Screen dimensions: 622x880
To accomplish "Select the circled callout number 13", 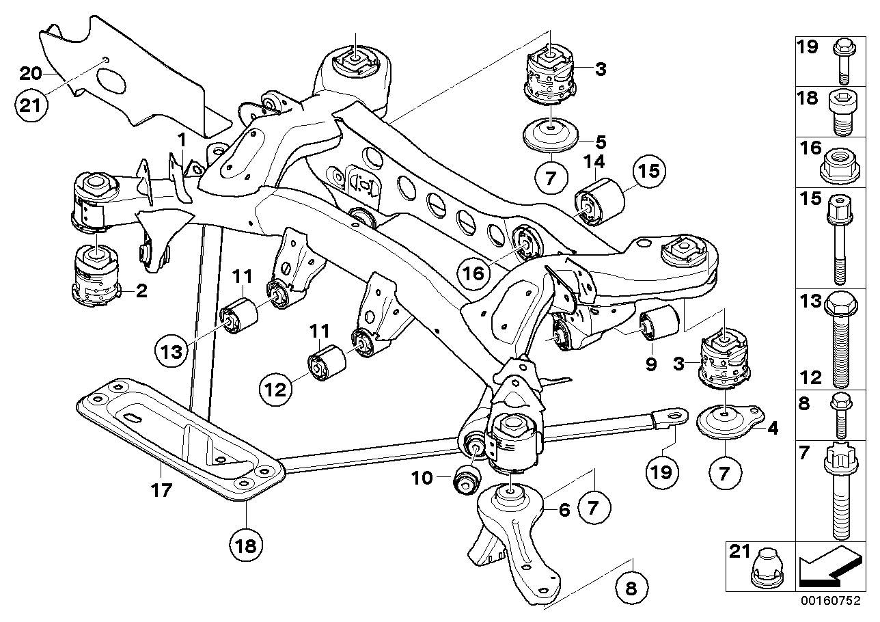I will tap(170, 352).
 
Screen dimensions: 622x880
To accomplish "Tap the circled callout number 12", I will tap(275, 390).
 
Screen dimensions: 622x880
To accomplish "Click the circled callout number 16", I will tap(476, 274).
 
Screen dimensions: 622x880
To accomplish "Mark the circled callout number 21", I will tap(31, 107).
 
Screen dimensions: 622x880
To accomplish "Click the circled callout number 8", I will tap(633, 586).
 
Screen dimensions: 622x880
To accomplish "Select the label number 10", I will tap(423, 478).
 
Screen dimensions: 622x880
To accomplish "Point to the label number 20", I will tap(31, 72).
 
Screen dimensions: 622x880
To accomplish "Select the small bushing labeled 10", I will tap(467, 478).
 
